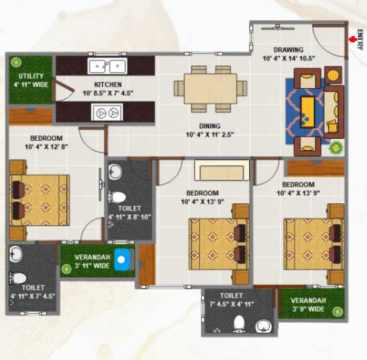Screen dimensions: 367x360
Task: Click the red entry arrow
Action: click(352, 39)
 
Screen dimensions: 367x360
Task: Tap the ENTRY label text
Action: click(360, 40)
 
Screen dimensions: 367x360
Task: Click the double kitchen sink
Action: click(108, 66)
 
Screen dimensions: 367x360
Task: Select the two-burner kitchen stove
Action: click(107, 112)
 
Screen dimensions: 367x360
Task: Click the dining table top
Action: click(210, 89)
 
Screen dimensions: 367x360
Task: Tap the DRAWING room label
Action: click(289, 50)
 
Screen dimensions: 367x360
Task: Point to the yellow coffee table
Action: click(307, 112)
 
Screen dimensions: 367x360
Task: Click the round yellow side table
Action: click(333, 76)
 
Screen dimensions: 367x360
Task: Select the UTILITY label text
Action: click(31, 76)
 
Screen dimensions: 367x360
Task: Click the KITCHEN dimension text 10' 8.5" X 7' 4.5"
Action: click(108, 93)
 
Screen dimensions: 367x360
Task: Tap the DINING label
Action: click(210, 126)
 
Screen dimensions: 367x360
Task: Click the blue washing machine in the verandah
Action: click(122, 259)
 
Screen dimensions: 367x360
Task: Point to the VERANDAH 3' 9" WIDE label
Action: click(308, 305)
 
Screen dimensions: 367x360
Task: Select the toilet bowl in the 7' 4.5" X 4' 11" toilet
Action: click(239, 323)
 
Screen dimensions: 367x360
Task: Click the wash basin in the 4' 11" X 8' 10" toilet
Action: click(115, 172)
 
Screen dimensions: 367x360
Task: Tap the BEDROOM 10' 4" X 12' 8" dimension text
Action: click(46, 147)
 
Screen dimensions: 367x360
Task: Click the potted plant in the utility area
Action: click(16, 62)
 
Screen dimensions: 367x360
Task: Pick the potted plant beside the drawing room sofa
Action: click(336, 148)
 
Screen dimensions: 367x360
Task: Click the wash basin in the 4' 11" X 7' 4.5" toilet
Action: click(16, 254)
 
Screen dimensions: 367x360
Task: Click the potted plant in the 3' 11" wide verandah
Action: click(67, 269)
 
